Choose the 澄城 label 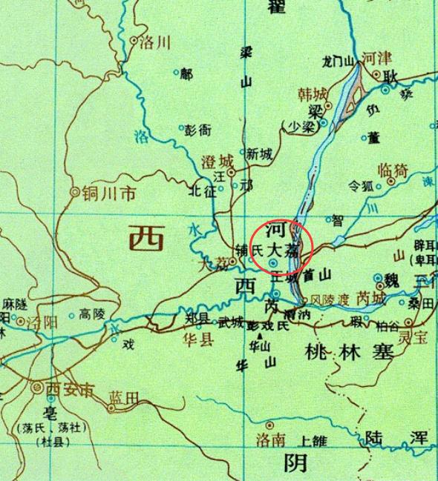(x=217, y=161)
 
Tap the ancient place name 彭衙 (x=198, y=130)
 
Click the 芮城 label (x=370, y=299)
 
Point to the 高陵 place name (x=93, y=314)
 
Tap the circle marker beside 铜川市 (x=74, y=193)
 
